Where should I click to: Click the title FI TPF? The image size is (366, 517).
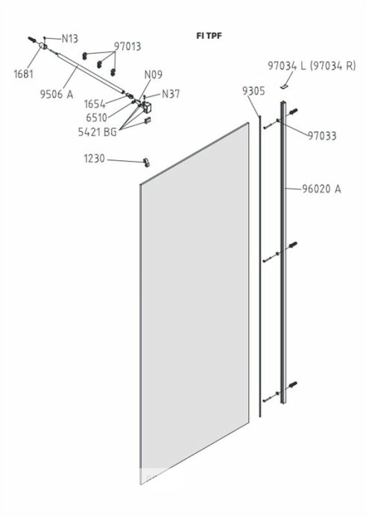pos(209,36)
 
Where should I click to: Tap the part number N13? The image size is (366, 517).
pos(70,39)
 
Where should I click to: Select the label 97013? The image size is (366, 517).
pos(127,46)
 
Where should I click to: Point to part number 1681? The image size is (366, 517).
pos(23,74)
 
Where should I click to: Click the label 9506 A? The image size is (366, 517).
pos(57,95)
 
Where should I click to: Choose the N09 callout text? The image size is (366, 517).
pos(153,74)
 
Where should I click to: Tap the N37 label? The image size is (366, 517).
pos(171,94)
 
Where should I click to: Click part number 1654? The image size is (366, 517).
pos(95,104)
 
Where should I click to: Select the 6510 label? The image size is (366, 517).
pos(96,118)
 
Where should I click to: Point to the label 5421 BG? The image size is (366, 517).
pos(98,132)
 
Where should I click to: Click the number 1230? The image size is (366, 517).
pos(94,159)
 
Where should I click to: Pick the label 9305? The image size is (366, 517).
pos(253,91)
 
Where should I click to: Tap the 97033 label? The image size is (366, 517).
pos(322,136)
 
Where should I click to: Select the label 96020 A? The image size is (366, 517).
pos(321,189)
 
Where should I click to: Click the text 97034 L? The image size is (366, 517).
pos(286,66)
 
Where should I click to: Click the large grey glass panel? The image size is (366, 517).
pos(195,303)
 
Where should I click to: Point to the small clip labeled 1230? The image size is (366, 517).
pos(146,162)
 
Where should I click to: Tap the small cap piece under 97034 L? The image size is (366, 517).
pos(284,86)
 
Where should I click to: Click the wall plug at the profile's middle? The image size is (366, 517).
pos(293,245)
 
